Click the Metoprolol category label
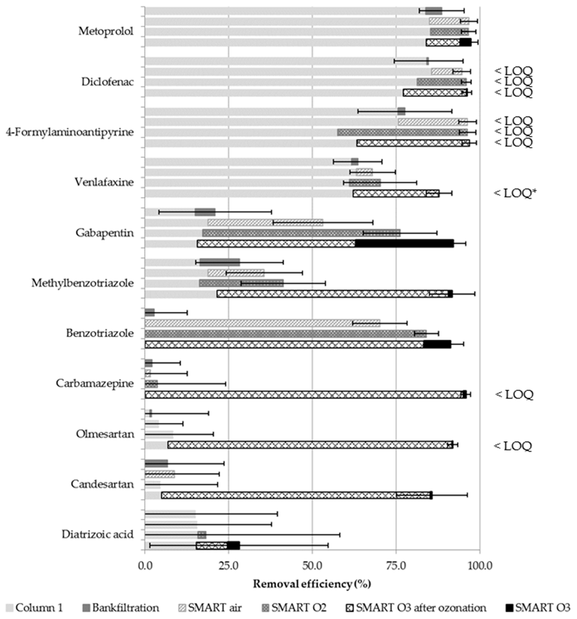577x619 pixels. coord(105,31)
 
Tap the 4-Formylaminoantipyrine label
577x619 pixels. coord(70,132)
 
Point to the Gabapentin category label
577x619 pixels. coord(105,233)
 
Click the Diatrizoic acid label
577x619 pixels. coord(97,534)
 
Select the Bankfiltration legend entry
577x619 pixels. coord(121,607)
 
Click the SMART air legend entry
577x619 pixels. coord(210,607)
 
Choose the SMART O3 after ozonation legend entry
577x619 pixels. coord(416,607)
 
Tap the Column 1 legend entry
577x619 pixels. coord(34,607)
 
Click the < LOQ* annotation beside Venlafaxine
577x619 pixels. coord(515,193)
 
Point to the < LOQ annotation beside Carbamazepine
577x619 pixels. coord(514,394)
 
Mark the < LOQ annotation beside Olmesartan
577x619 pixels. coord(513,446)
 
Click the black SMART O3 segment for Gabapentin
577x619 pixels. coord(404,244)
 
